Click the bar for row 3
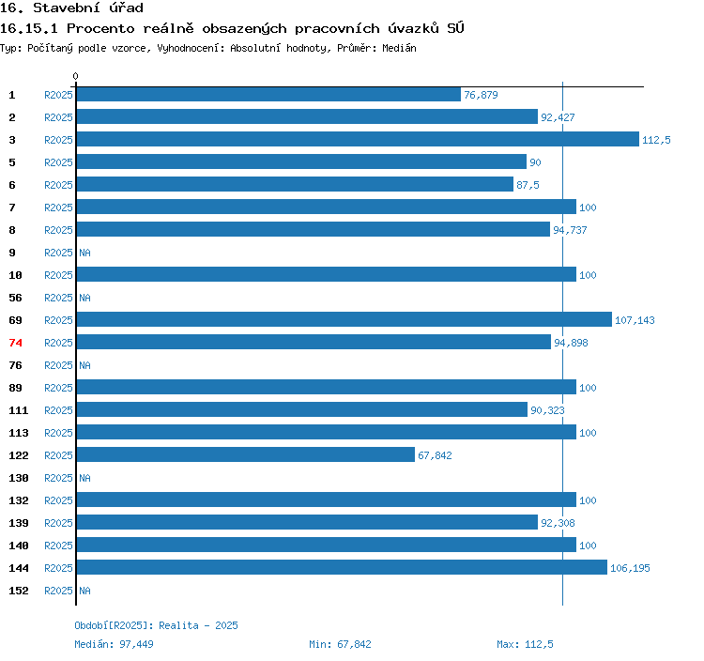tap(357, 140)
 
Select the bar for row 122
tap(245, 455)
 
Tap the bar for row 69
tap(344, 320)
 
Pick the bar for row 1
tap(268, 95)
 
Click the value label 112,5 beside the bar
tap(656, 140)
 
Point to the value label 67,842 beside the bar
tap(436, 455)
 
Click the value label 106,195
tap(630, 568)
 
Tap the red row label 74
tap(15, 343)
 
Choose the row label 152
tap(19, 591)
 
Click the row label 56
tap(15, 298)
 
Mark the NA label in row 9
tap(84, 253)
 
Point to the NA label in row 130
tap(84, 478)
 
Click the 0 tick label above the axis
tap(76, 76)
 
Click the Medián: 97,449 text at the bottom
tap(114, 644)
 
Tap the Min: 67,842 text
tap(340, 644)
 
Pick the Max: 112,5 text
tap(525, 644)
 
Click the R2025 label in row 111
tap(58, 410)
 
